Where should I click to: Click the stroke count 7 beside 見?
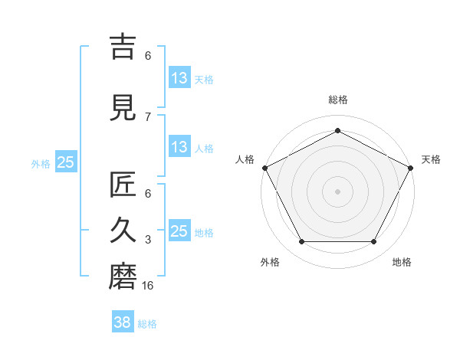[148, 116]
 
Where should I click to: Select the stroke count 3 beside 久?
[148, 240]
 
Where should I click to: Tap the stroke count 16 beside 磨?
[149, 285]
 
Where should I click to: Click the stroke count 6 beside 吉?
[148, 55]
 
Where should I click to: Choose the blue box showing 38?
[122, 323]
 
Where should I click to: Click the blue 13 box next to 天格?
[179, 78]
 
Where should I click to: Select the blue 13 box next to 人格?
[179, 147]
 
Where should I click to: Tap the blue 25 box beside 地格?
[179, 231]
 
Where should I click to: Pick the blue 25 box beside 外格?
[65, 162]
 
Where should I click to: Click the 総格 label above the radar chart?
[338, 100]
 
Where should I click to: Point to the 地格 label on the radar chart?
[402, 262]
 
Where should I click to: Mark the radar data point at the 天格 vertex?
[412, 168]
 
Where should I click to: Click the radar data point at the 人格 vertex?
[264, 168]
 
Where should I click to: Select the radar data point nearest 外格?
[301, 242]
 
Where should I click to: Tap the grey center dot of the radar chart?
[338, 191]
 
